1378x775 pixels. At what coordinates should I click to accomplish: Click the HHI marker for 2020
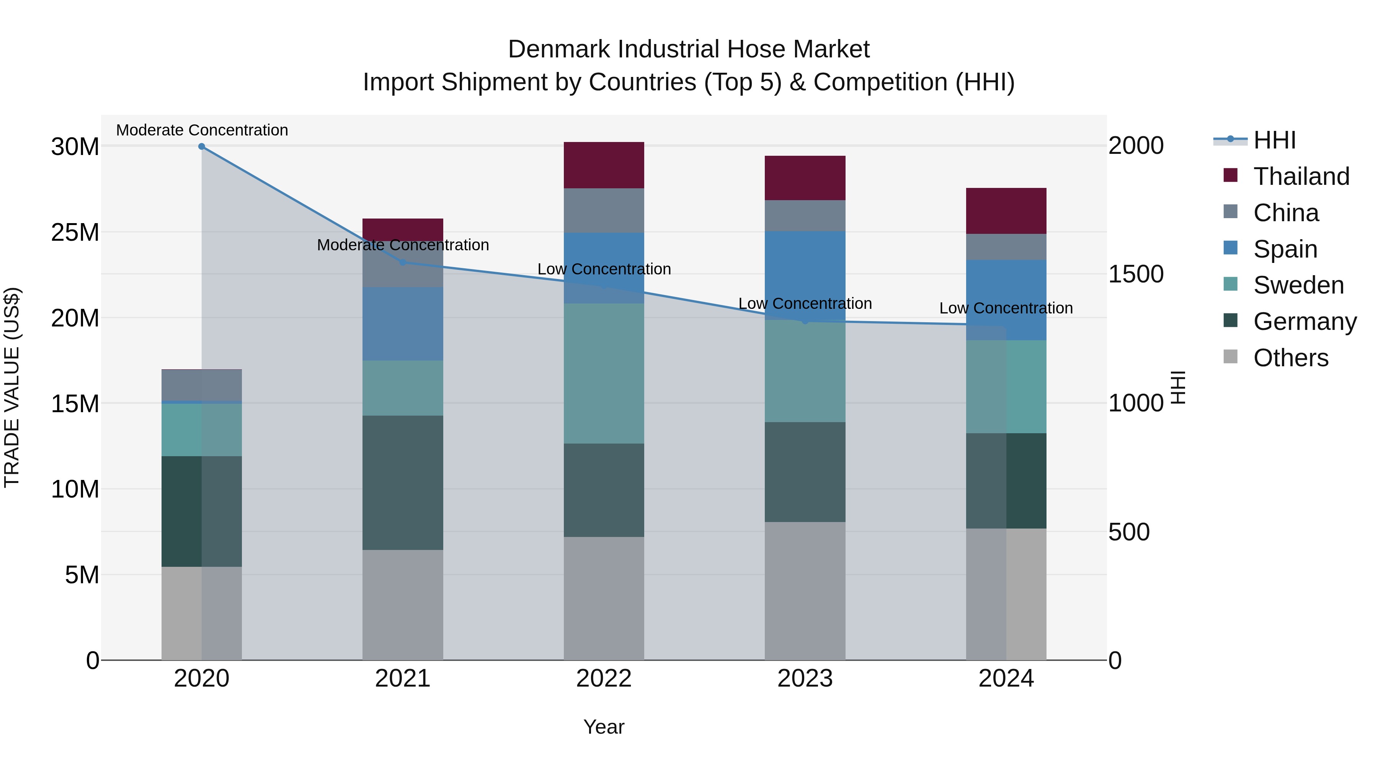pos(202,147)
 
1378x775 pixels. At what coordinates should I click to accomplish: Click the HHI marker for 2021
pos(403,262)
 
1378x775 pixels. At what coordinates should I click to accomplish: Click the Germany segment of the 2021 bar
pos(403,483)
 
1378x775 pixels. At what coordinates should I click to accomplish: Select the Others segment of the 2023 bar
pos(805,591)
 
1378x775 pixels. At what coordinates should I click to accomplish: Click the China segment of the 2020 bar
pos(202,385)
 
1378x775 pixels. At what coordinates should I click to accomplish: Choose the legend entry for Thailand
pos(1301,176)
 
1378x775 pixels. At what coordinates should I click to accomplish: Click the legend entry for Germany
pos(1304,321)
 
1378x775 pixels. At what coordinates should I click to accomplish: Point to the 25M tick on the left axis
pos(75,233)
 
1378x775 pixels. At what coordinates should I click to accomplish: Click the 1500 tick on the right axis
pos(1135,274)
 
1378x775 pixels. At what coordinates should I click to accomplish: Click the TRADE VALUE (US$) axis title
pos(12,387)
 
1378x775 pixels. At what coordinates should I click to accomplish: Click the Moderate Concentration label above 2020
pos(202,130)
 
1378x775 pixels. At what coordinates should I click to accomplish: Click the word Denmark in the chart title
pos(558,49)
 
